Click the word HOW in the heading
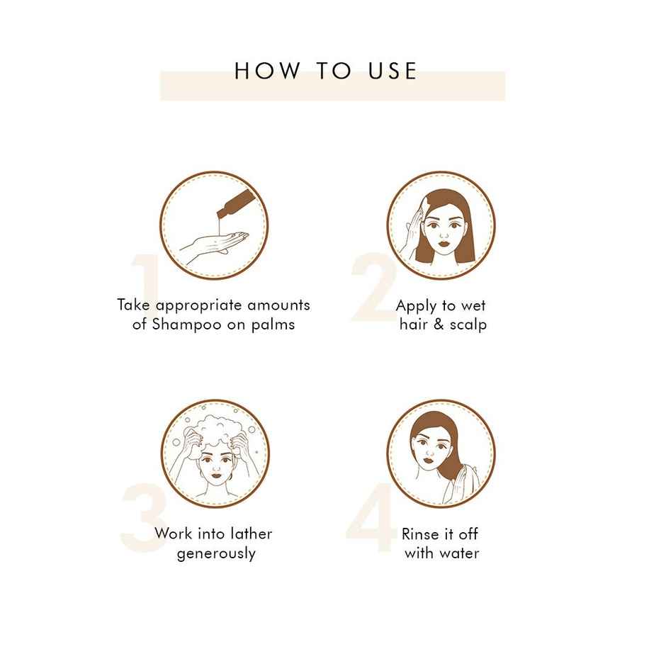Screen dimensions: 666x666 click(267, 71)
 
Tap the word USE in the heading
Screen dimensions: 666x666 click(393, 71)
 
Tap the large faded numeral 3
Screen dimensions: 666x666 click(143, 517)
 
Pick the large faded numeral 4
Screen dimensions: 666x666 click(371, 517)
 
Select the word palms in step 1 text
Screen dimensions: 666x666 click(273, 325)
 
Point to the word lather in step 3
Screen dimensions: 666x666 click(252, 534)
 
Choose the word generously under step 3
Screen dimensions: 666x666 click(216, 554)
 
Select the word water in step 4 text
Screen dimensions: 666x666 click(460, 553)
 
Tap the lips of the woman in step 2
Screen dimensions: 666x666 click(444, 244)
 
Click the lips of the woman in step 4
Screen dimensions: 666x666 click(429, 458)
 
